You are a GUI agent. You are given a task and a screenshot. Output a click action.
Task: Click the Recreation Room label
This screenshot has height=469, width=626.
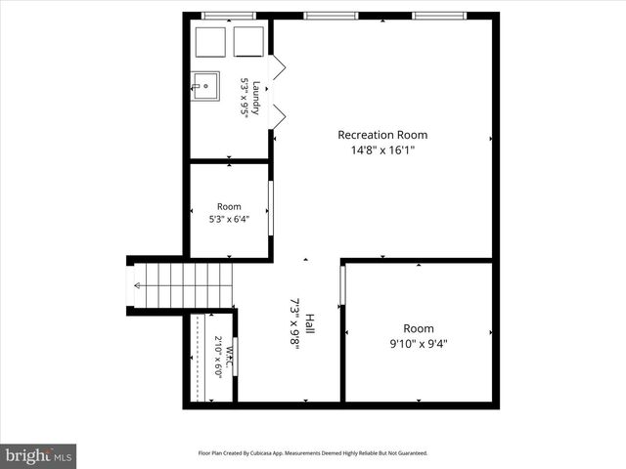pos(382,135)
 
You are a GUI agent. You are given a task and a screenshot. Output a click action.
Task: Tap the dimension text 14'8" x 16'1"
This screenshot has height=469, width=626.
pos(382,150)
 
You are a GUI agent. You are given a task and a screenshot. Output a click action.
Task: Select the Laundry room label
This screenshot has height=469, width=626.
pos(256,98)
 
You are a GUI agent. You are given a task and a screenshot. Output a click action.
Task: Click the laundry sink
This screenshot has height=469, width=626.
pos(204,86)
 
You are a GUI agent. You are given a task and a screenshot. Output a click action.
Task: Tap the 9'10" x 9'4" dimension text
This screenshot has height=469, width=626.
pos(419,343)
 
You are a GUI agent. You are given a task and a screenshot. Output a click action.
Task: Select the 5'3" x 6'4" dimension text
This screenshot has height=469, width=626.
pos(229,220)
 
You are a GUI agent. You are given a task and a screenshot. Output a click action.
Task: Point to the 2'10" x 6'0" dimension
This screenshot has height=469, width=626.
pos(218,357)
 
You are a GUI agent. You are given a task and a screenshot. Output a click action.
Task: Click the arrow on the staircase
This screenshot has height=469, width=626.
pos(137,285)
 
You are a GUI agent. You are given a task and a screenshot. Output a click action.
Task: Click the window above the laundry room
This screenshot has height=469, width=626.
pos(228,16)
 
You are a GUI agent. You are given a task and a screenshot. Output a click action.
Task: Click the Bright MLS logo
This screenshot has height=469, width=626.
pos(38,455)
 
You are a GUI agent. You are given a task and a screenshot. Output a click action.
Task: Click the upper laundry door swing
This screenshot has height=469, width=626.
pos(277,66)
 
